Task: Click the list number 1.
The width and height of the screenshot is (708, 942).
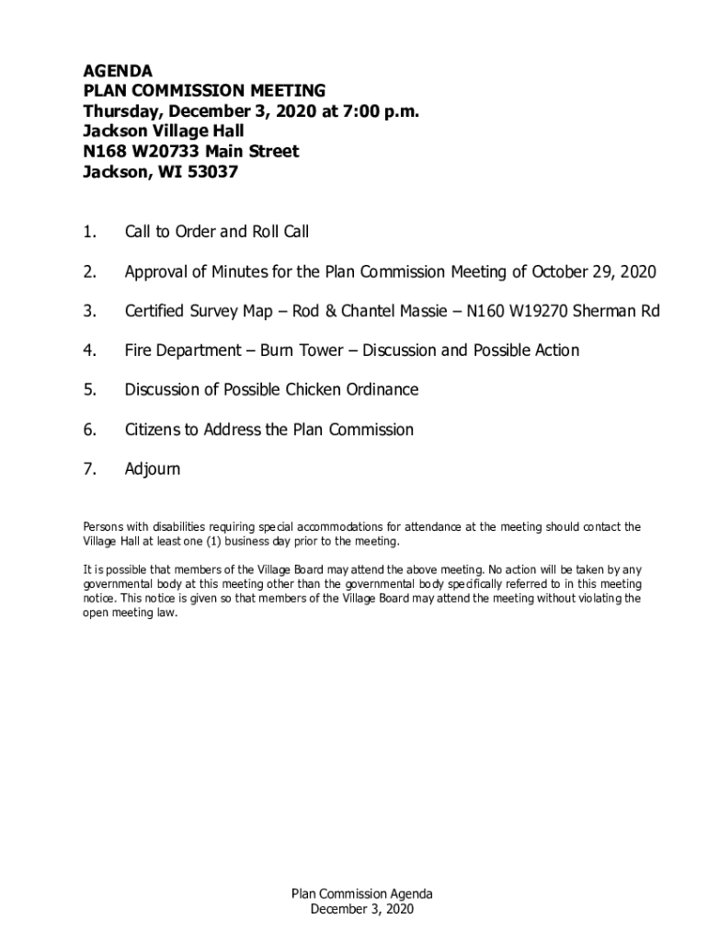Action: pos(89,232)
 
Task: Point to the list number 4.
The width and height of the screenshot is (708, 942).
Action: pos(89,350)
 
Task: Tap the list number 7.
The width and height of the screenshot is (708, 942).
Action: pos(89,469)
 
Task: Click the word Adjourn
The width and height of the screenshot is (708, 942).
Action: pos(153,469)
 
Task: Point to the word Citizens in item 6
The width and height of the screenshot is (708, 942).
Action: pos(154,430)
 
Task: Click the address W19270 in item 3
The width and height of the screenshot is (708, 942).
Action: pos(533,311)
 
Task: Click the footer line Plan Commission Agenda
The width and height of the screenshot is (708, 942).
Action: pos(362,894)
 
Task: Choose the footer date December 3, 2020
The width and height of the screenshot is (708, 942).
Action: pos(362,910)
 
